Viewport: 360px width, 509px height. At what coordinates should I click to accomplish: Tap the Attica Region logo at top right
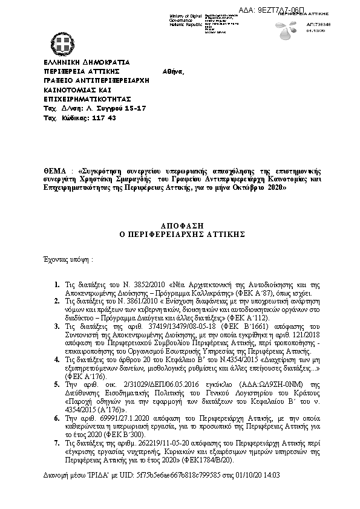(284, 28)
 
